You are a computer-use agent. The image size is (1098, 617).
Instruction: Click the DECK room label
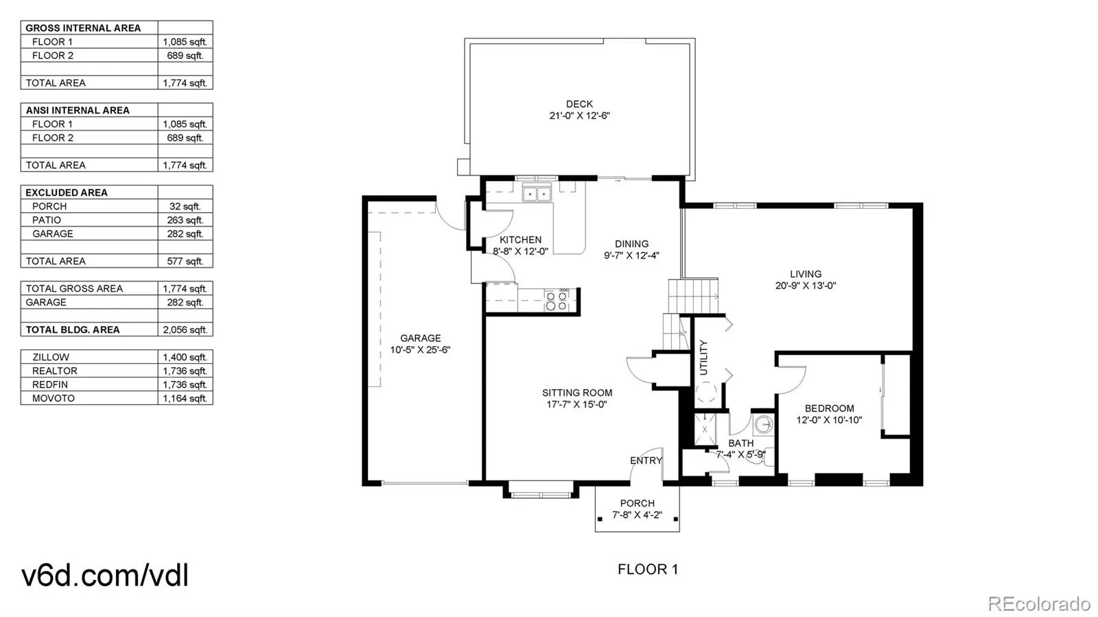(x=579, y=104)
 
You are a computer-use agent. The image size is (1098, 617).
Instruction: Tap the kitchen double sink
(x=537, y=194)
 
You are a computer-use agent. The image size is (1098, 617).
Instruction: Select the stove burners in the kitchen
(x=557, y=301)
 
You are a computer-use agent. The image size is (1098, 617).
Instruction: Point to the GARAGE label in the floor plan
(x=421, y=338)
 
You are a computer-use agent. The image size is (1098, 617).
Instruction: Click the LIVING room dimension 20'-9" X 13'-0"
(x=806, y=286)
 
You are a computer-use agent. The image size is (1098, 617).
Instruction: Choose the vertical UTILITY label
(x=703, y=358)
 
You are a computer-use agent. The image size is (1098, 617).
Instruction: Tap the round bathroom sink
(x=763, y=424)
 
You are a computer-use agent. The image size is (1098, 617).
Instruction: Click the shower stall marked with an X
(x=705, y=430)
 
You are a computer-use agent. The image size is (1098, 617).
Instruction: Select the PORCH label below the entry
(x=638, y=503)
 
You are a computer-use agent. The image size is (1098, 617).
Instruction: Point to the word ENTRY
(x=646, y=461)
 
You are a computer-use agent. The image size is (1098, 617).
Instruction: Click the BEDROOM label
(x=830, y=409)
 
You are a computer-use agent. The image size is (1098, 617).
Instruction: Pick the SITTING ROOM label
(x=577, y=393)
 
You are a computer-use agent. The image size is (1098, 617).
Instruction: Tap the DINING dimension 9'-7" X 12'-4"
(x=631, y=255)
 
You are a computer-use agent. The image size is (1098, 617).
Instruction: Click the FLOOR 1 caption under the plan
(x=648, y=570)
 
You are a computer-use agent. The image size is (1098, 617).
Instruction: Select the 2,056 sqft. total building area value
(x=185, y=330)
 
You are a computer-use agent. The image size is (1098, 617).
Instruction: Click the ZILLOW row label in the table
(x=51, y=358)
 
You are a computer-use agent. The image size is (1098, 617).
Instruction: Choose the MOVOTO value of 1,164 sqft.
(x=185, y=399)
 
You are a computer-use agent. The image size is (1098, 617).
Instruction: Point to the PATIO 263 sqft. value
(x=185, y=220)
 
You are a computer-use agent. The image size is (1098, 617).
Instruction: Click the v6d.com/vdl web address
(x=105, y=575)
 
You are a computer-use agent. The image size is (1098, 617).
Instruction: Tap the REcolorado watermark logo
(x=1039, y=603)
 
